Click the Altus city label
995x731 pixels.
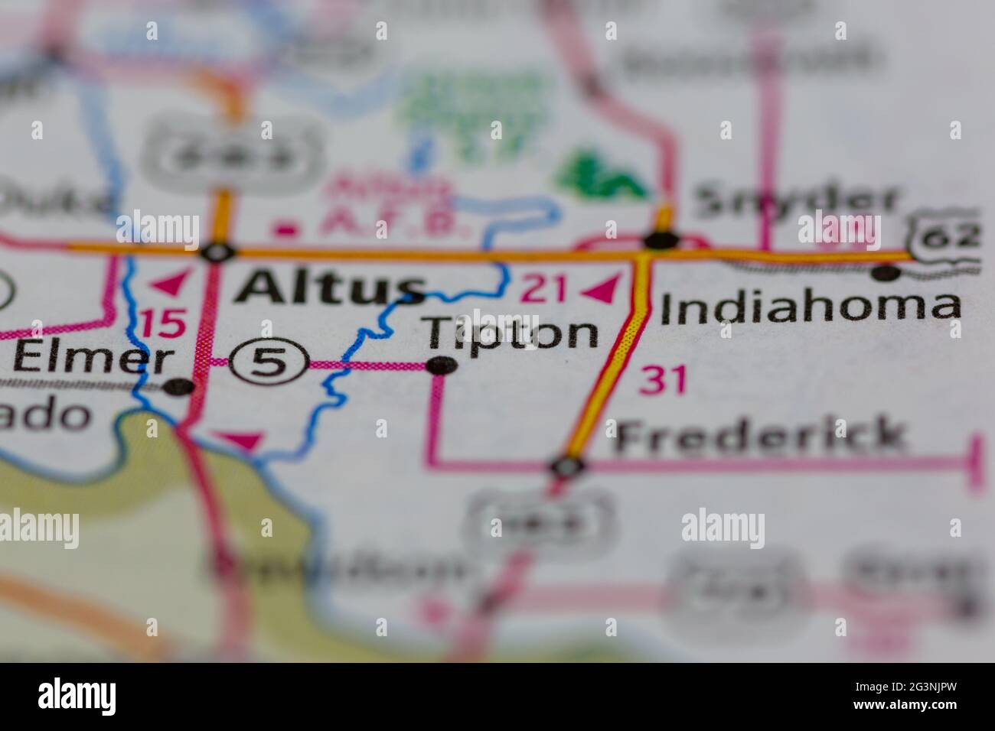pyautogui.click(x=329, y=288)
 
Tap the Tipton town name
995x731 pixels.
pyautogui.click(x=512, y=332)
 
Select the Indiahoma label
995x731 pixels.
pyautogui.click(x=810, y=306)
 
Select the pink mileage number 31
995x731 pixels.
pyautogui.click(x=663, y=380)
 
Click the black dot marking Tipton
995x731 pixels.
pyautogui.click(x=442, y=366)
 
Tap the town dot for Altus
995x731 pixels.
pyautogui.click(x=218, y=252)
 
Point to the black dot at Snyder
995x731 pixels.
pyautogui.click(x=661, y=241)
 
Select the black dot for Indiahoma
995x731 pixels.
pyautogui.click(x=886, y=272)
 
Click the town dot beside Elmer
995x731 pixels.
pyautogui.click(x=179, y=386)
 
